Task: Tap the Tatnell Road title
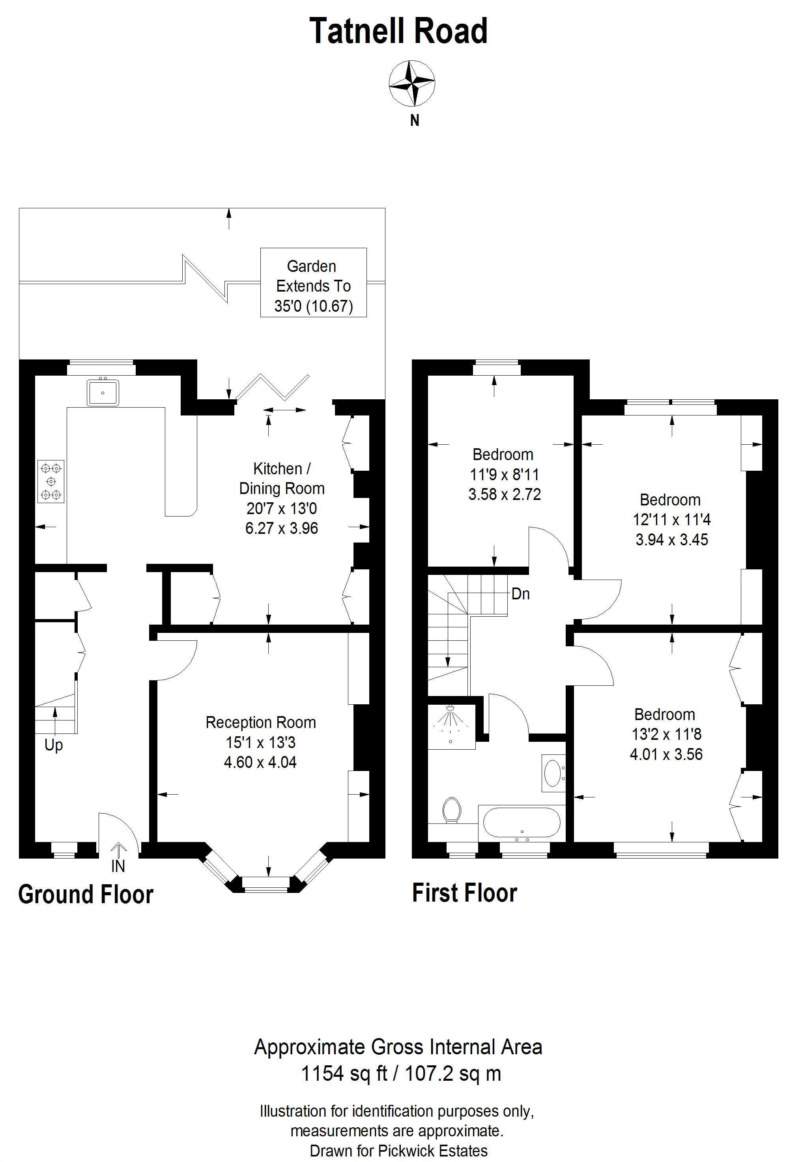coord(398,31)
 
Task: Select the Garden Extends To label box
coord(314,282)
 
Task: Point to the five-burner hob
coord(51,481)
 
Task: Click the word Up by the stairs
coord(54,745)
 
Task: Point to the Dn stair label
coord(520,594)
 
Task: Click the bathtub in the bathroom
coord(520,822)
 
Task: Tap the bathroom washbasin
coord(553,773)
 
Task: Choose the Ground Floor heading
coord(86,894)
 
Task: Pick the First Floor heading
coord(464,893)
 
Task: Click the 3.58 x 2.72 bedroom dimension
coord(505,494)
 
